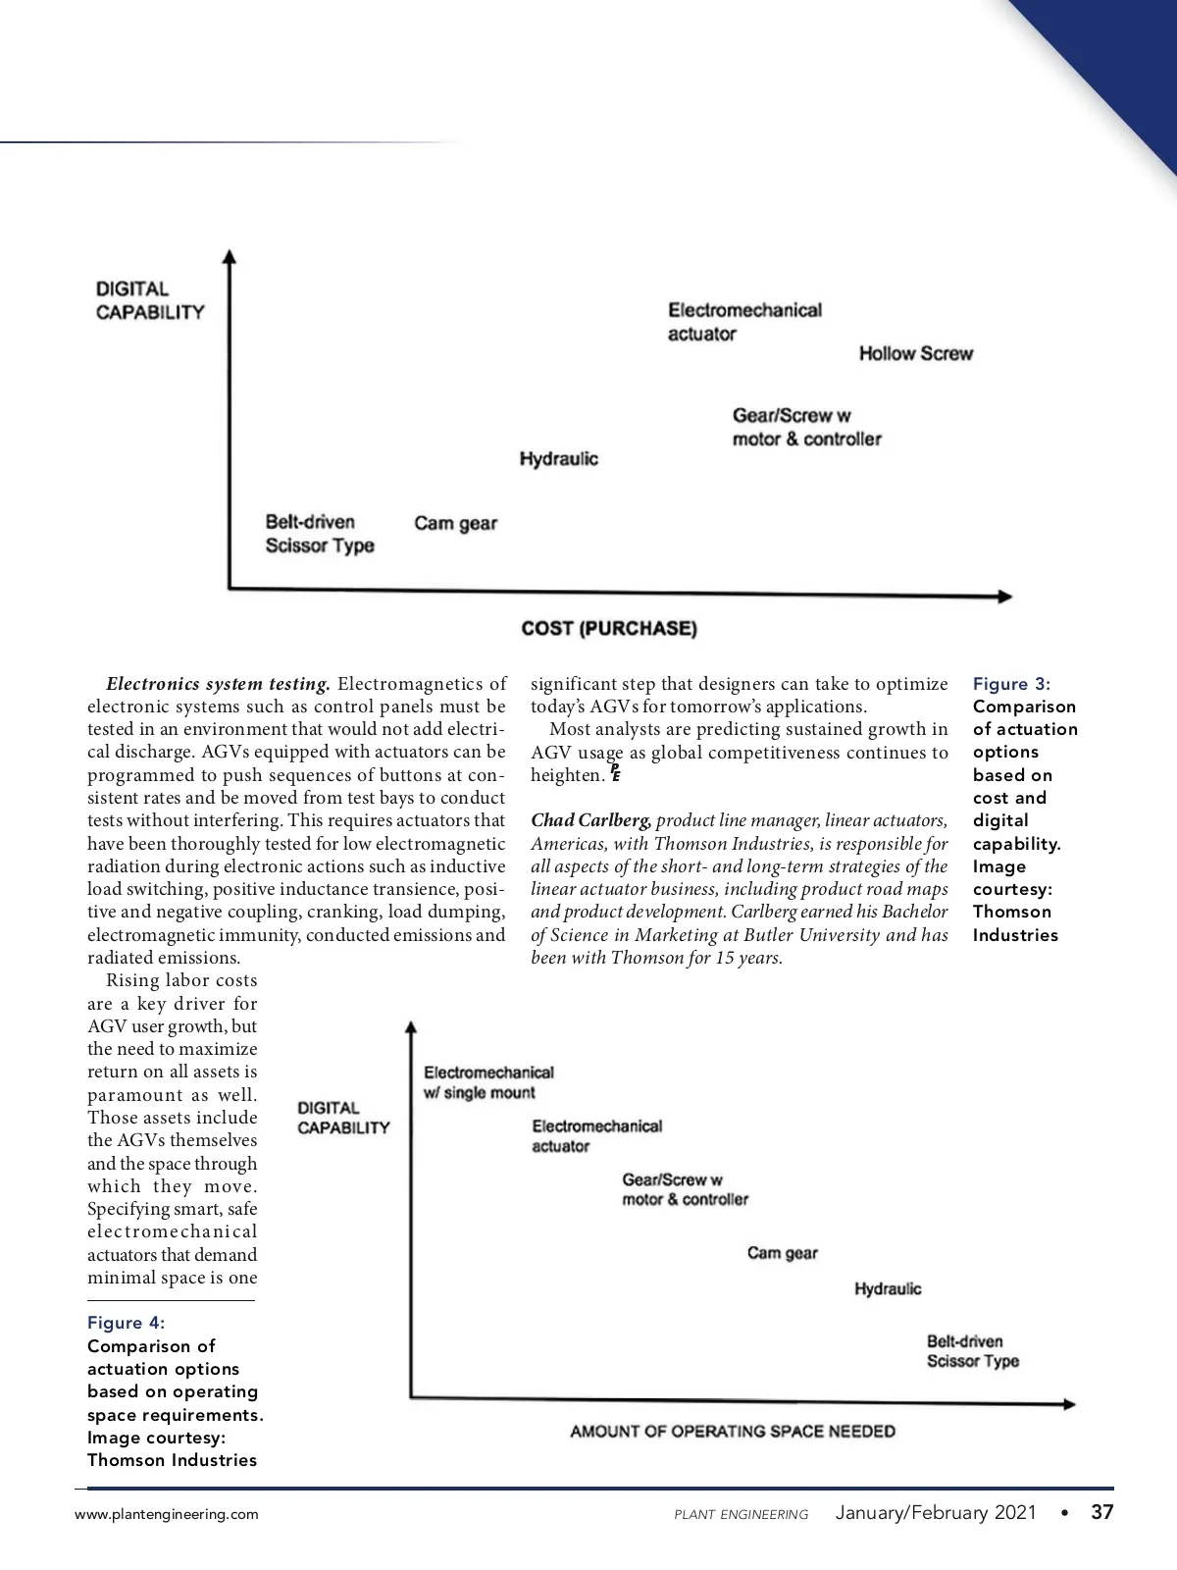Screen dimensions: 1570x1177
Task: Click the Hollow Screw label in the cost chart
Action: click(915, 353)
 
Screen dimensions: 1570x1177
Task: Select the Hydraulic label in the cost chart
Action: click(558, 458)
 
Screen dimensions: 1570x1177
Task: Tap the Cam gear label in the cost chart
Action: click(455, 523)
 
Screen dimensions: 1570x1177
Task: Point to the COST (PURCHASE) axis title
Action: click(609, 628)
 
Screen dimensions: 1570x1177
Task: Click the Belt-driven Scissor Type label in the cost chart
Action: click(320, 534)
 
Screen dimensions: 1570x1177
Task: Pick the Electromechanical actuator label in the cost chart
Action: click(744, 322)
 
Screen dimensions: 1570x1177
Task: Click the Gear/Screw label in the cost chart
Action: click(806, 427)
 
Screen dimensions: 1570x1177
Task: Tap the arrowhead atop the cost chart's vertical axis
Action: click(230, 257)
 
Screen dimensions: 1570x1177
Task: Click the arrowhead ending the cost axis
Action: click(1004, 596)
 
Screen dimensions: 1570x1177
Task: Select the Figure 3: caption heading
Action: click(1011, 684)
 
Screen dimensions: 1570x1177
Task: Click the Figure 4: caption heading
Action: click(127, 1323)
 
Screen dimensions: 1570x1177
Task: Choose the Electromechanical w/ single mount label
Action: click(488, 1082)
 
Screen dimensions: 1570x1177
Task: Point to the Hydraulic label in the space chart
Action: click(888, 1288)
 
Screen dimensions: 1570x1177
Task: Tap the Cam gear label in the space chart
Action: click(782, 1253)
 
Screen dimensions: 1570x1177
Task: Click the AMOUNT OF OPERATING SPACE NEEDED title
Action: click(733, 1432)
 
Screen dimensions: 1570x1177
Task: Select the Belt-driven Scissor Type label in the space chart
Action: click(972, 1351)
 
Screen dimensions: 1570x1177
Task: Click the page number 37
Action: click(1102, 1512)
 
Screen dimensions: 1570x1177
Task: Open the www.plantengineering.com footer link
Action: click(167, 1514)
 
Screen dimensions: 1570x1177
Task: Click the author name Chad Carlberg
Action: click(590, 820)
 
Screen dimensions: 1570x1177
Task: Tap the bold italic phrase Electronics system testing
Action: click(219, 684)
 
